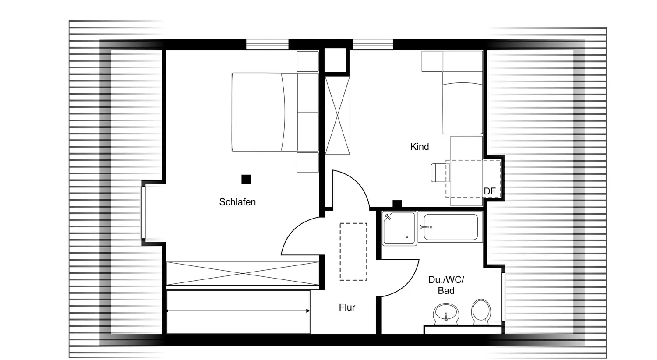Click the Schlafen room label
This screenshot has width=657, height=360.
coord(237,202)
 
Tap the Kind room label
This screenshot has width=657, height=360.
coord(420,147)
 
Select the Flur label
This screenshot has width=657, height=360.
coord(347,307)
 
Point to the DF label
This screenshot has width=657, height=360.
coord(490,191)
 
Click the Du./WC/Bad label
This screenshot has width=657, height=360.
coord(446,285)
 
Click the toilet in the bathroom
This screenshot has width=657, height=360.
coord(481,312)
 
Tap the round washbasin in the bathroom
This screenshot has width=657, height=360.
coord(446,314)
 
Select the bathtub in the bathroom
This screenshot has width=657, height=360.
coord(450,227)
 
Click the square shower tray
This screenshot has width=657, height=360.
coord(399,228)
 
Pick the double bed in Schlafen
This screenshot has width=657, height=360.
coord(275,112)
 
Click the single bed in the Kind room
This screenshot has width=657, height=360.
coord(463,93)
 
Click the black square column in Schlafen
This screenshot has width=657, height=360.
coord(246,179)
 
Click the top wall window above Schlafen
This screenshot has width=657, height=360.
coord(267,45)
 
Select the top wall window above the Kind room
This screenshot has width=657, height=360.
coord(373,45)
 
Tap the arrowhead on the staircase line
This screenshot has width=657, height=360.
coord(308,311)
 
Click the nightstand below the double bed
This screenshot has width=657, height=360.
coord(307,162)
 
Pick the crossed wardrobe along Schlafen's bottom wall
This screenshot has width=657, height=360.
coord(243,274)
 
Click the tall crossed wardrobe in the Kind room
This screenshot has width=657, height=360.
coord(337,115)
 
